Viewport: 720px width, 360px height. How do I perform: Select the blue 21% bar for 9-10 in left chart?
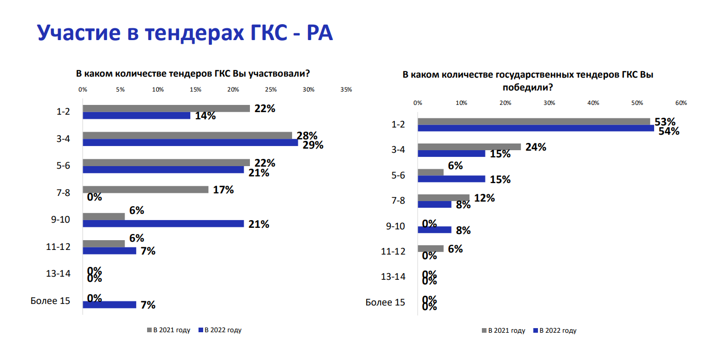[163, 224]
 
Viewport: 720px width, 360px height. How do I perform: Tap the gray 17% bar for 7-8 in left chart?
[146, 190]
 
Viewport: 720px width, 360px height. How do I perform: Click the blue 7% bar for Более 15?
[110, 304]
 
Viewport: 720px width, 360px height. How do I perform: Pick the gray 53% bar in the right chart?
[533, 121]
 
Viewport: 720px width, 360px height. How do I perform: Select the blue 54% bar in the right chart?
[535, 128]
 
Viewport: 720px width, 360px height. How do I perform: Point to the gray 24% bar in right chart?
[469, 147]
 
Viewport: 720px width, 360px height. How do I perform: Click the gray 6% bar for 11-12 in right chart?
[430, 248]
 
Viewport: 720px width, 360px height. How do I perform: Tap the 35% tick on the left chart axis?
[346, 89]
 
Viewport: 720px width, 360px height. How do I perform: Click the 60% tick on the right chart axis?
[681, 103]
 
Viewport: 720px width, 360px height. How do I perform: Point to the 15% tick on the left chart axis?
[195, 89]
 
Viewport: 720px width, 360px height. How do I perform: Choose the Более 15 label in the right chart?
[385, 302]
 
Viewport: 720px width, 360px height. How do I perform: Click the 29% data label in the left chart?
[313, 145]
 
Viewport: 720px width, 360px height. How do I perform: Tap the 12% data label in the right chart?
[484, 198]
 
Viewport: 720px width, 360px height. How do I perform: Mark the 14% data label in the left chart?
[205, 116]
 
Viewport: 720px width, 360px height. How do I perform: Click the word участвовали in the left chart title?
[278, 74]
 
